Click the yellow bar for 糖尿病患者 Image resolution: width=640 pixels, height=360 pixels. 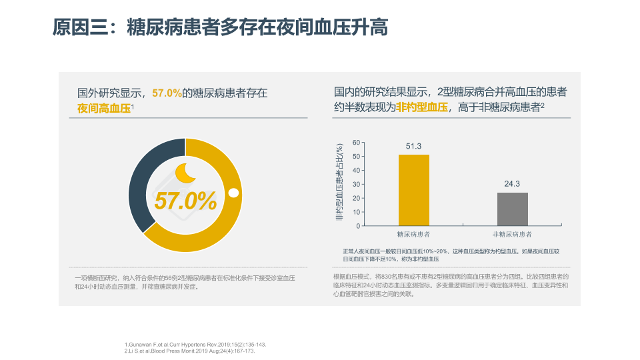[x=414, y=190]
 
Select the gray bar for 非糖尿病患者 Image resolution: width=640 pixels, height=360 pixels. [x=512, y=209]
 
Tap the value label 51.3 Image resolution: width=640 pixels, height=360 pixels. [x=414, y=146]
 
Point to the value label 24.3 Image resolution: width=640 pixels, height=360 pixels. [x=512, y=184]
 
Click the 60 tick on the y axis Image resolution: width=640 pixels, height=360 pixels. [x=356, y=143]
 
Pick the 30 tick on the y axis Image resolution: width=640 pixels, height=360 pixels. [x=356, y=184]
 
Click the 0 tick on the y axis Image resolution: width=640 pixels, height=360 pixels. [x=358, y=226]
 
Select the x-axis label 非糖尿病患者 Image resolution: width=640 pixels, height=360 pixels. [x=512, y=235]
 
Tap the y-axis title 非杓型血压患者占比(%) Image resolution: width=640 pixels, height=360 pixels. [x=340, y=183]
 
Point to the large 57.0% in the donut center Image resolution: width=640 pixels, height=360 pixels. [x=185, y=200]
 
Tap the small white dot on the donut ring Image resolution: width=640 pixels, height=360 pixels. [x=234, y=193]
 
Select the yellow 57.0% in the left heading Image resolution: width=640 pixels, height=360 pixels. [x=167, y=93]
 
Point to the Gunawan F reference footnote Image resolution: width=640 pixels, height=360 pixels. [x=195, y=344]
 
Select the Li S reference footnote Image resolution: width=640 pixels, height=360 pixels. [x=190, y=350]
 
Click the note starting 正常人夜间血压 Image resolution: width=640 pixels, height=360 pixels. [x=451, y=254]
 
